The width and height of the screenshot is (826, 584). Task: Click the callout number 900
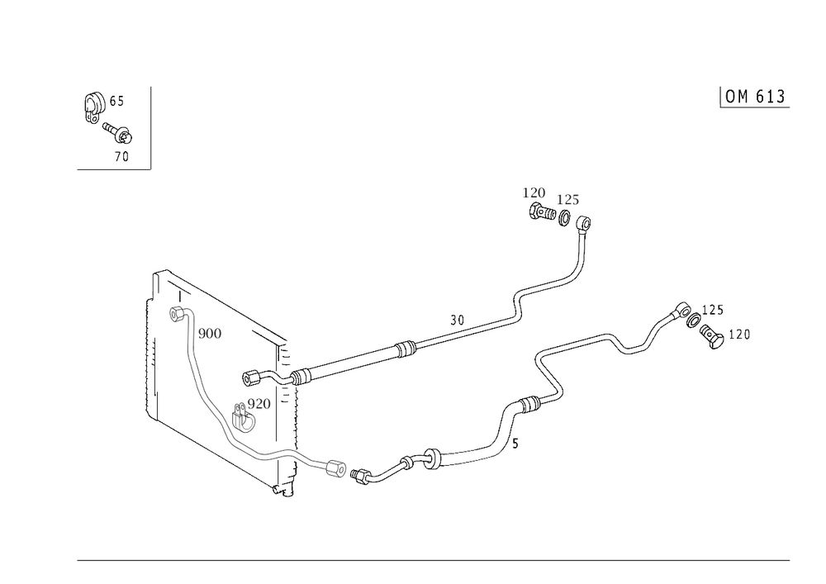click(x=211, y=334)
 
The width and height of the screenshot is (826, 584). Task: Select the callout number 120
click(x=533, y=193)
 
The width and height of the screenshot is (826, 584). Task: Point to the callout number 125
click(x=567, y=199)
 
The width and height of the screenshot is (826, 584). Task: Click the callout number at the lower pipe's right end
click(x=741, y=335)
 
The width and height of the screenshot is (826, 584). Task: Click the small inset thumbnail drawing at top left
click(x=108, y=124)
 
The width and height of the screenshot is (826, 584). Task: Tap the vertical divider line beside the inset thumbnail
click(x=150, y=126)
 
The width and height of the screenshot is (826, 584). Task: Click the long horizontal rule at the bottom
click(x=434, y=559)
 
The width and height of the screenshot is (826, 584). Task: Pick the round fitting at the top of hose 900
click(x=182, y=314)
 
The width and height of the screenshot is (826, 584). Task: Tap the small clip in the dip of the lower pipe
click(x=634, y=351)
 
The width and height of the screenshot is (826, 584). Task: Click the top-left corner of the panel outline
click(x=159, y=271)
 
